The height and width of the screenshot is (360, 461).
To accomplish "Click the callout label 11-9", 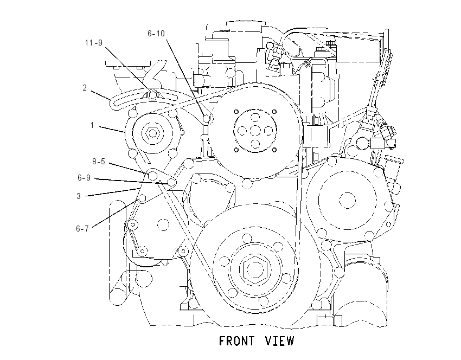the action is tap(93, 43).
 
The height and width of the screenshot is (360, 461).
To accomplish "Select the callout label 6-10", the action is tap(156, 34).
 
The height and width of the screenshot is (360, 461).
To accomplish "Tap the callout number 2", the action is tap(85, 88).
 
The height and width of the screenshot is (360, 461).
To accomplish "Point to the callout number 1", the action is tap(92, 125).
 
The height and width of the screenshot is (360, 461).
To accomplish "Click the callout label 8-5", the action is tap(99, 162).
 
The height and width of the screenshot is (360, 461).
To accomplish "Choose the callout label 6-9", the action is tap(84, 178).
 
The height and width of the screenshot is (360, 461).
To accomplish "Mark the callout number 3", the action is tap(79, 196).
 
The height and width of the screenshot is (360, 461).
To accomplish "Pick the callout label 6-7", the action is tap(82, 228).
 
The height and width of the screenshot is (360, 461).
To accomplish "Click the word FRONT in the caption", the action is tap(236, 341).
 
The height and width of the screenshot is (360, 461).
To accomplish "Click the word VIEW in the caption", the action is tap(279, 341).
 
